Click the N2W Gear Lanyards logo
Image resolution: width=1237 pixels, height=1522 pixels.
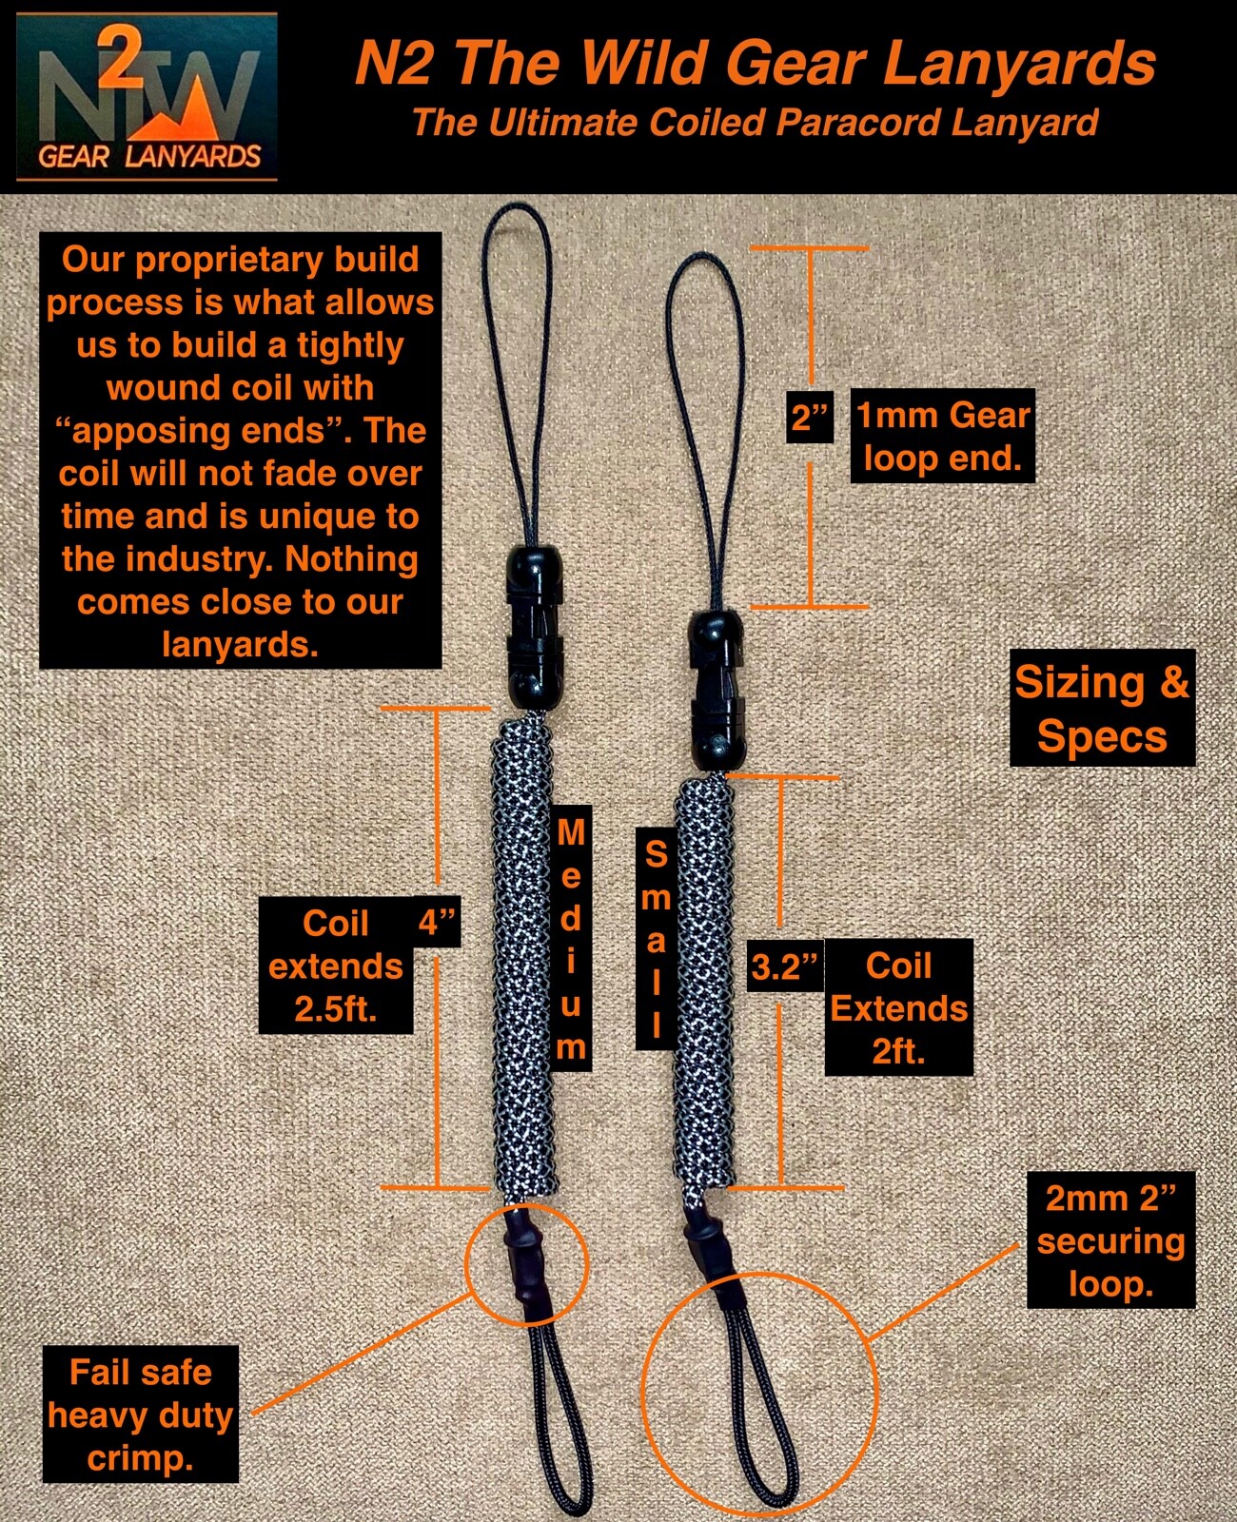[x=147, y=97]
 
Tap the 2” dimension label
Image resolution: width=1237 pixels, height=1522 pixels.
[x=811, y=417]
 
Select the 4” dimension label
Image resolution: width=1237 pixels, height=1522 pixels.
[x=437, y=922]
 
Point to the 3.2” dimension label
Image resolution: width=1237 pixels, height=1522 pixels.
[x=784, y=966]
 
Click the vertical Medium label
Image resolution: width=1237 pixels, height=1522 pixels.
[x=570, y=939]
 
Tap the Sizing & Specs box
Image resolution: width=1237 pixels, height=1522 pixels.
[x=1102, y=709]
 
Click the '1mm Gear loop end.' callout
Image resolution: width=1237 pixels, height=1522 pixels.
[x=942, y=437]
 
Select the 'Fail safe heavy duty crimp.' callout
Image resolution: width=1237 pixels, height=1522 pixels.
[x=140, y=1414]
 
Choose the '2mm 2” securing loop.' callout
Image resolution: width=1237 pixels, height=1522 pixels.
[x=1110, y=1240]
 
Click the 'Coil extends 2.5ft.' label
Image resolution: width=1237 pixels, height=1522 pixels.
[x=336, y=966]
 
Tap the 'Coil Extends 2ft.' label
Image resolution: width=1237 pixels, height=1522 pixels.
[x=898, y=1007]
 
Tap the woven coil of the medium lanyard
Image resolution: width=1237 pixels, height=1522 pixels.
[x=522, y=951]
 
